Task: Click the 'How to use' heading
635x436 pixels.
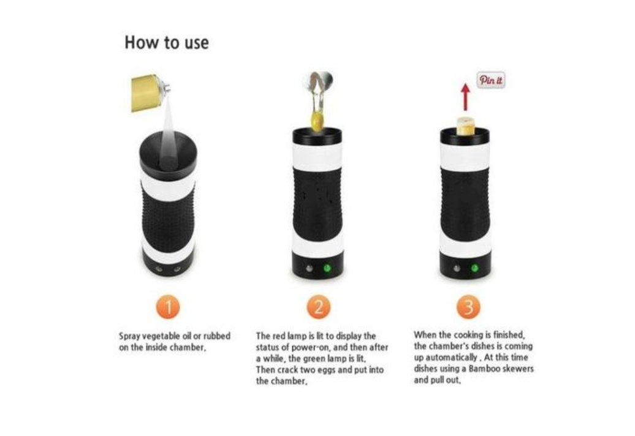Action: click(x=167, y=42)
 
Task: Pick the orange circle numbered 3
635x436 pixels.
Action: click(x=468, y=307)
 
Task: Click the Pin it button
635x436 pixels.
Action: click(x=491, y=80)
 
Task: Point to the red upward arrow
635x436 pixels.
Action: click(x=466, y=97)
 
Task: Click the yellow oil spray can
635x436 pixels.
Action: click(x=148, y=92)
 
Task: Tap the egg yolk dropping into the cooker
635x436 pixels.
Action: click(x=317, y=121)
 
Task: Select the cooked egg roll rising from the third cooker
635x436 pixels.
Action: click(x=466, y=126)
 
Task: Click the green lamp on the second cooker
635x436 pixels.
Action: click(x=327, y=268)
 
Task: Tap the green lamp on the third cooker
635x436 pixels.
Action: click(x=474, y=268)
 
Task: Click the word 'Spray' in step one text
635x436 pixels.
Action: click(x=129, y=337)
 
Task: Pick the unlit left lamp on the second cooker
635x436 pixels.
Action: click(x=310, y=268)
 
